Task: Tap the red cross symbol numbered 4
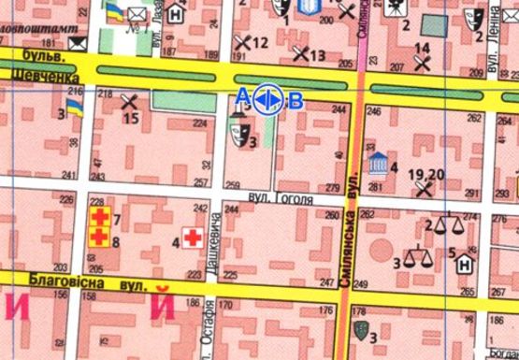194,238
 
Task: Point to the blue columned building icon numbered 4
377,162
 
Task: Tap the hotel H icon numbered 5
462,264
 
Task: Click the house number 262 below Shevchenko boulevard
473,119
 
